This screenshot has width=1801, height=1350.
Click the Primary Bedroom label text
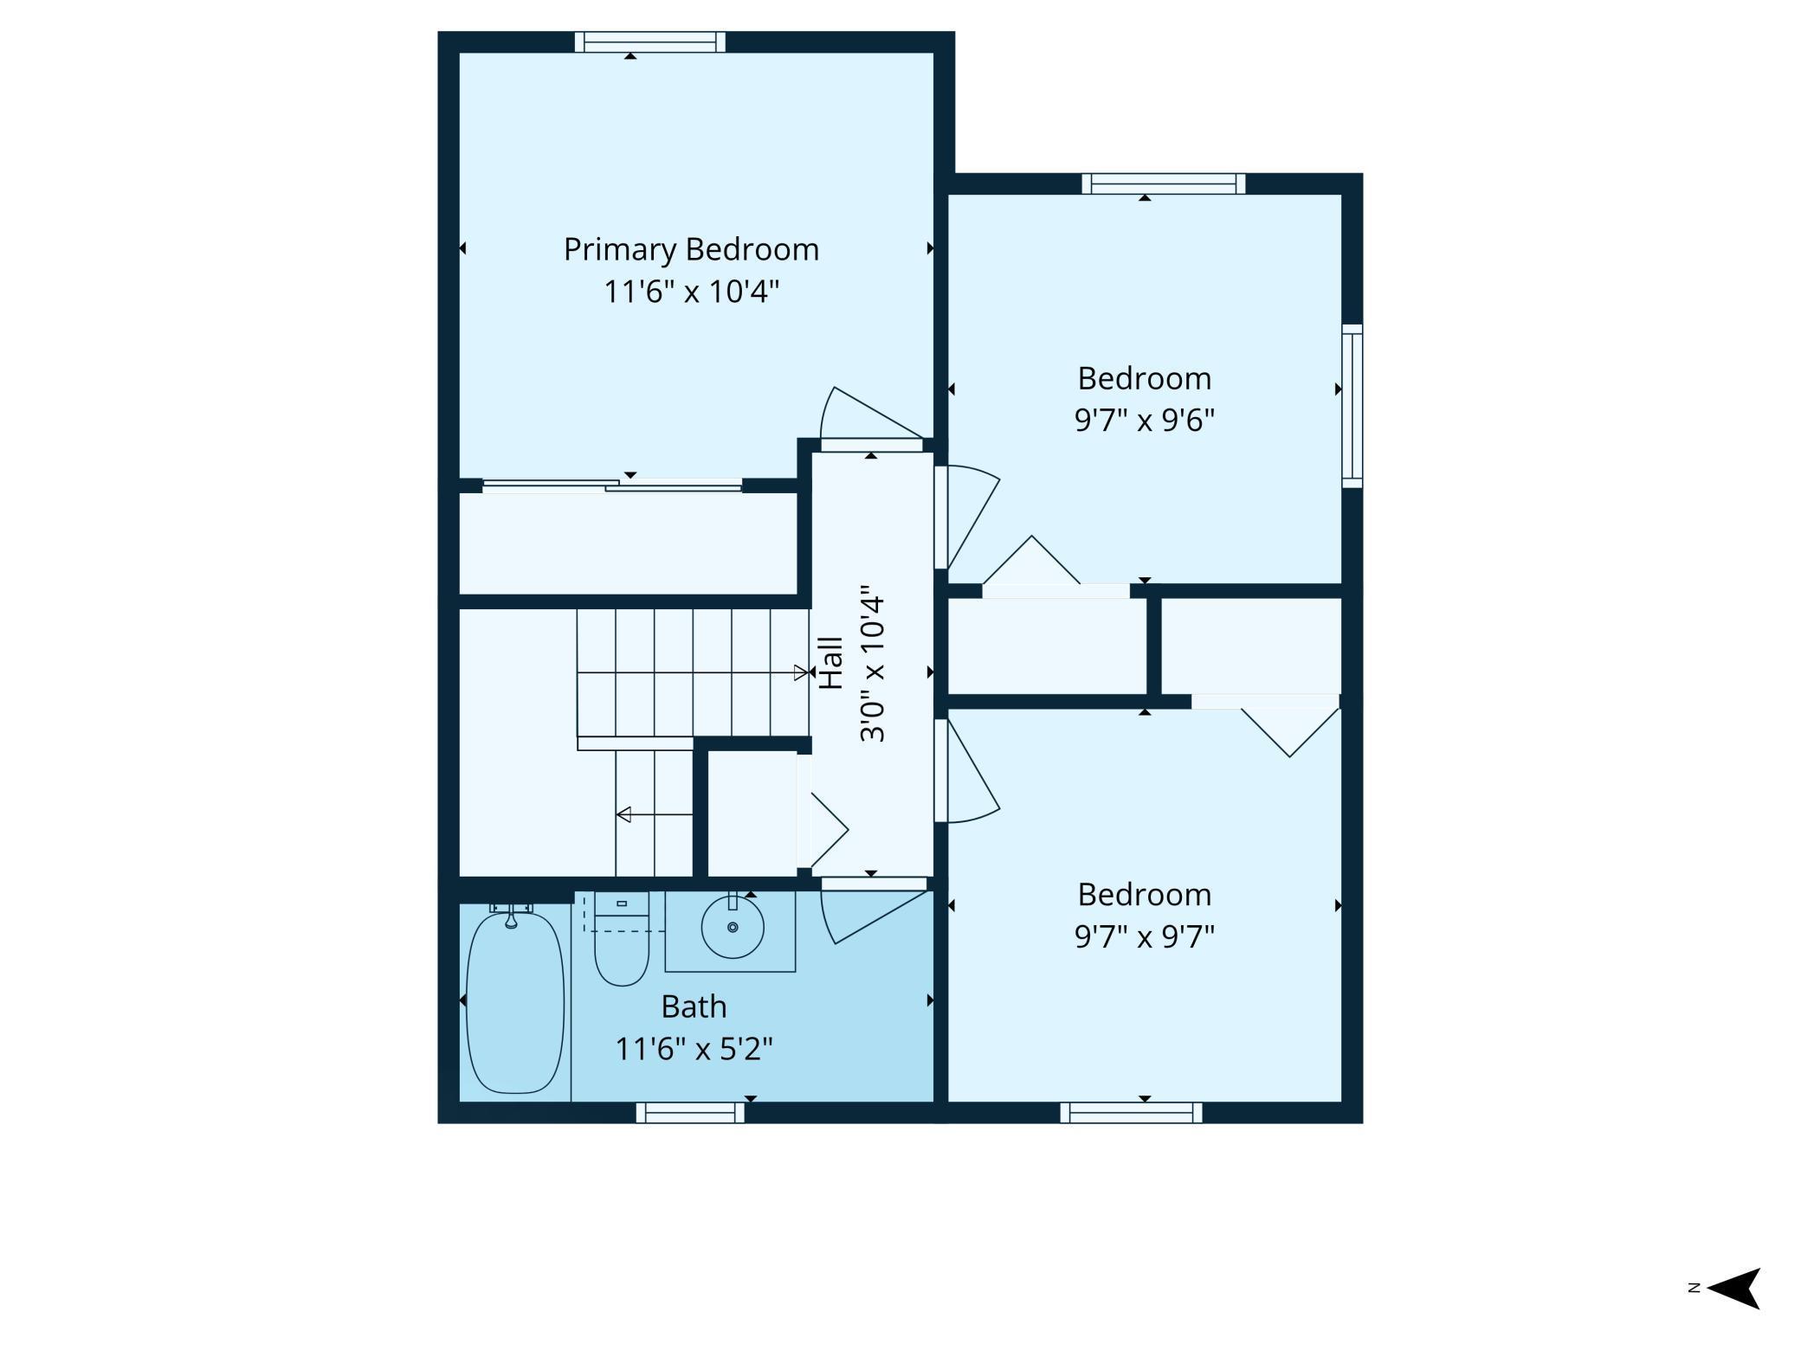[x=691, y=249]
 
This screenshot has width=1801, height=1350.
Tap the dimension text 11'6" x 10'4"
[x=691, y=292]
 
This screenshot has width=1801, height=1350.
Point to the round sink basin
[x=733, y=927]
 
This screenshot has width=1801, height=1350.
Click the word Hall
[x=831, y=664]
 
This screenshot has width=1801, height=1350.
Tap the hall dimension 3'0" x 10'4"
[x=873, y=668]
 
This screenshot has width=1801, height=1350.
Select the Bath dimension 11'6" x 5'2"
[x=693, y=1049]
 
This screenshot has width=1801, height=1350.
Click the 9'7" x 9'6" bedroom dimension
[x=1144, y=421]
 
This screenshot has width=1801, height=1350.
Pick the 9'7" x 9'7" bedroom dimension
[x=1144, y=936]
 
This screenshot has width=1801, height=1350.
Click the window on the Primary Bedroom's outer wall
[x=650, y=42]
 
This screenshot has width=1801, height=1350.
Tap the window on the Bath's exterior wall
[x=690, y=1113]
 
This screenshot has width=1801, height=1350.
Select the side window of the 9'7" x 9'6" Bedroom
[x=1352, y=406]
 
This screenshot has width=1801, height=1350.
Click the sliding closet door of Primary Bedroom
[x=611, y=486]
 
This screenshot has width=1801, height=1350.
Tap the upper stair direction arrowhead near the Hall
[x=802, y=672]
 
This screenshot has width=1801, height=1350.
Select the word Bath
[x=693, y=1006]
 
